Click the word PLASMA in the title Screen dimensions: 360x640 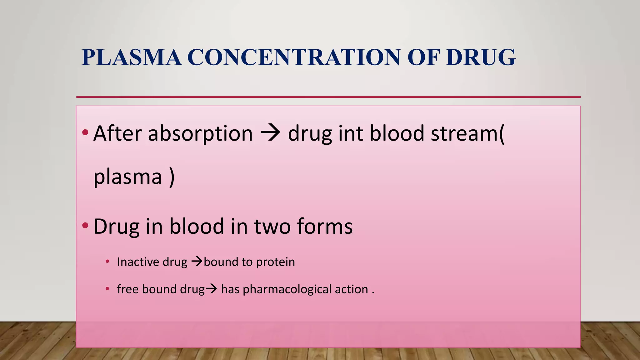click(x=131, y=57)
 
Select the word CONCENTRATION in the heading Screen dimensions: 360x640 click(x=293, y=57)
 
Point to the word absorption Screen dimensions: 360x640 click(x=200, y=134)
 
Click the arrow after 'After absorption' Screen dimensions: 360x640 click(x=270, y=134)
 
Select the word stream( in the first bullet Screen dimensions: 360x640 click(x=467, y=134)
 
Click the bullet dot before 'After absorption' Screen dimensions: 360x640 click(x=85, y=132)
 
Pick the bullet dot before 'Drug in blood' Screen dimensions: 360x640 click(x=85, y=225)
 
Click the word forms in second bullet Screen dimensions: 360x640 click(x=325, y=226)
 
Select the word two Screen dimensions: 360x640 click(x=272, y=226)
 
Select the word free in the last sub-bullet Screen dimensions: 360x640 click(x=127, y=289)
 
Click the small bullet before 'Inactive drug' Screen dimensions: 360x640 click(x=107, y=261)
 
